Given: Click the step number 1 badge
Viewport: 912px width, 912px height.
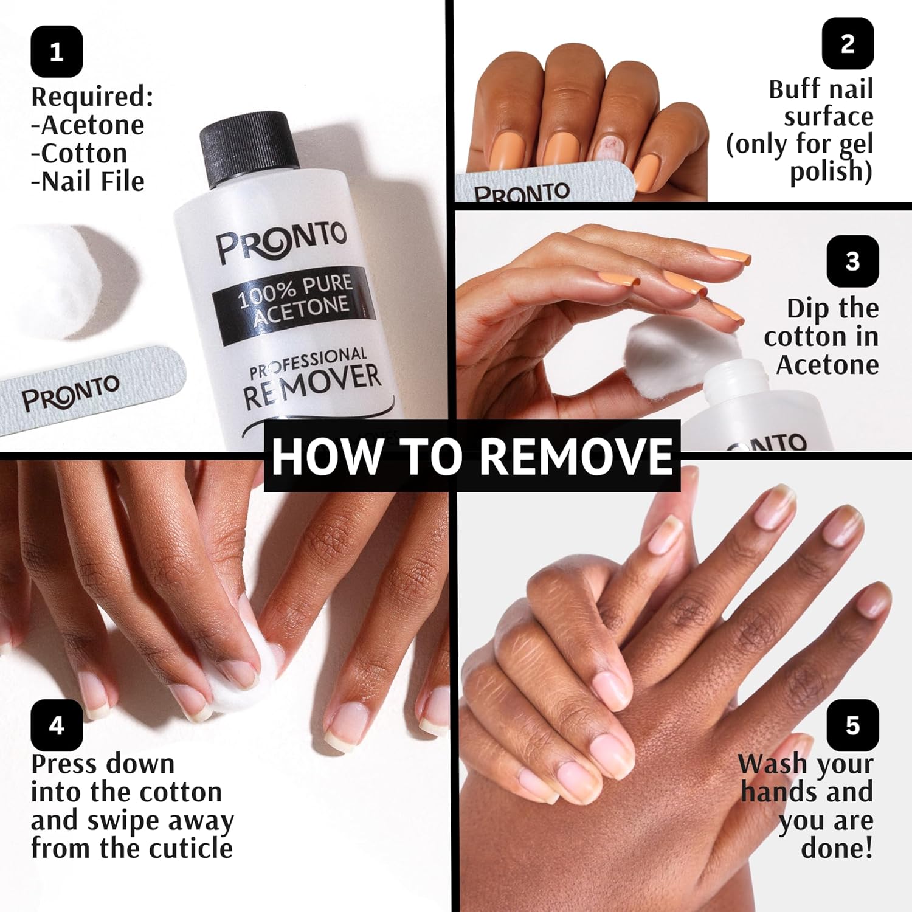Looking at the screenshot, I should (57, 52).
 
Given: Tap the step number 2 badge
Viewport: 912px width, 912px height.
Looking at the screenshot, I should (848, 44).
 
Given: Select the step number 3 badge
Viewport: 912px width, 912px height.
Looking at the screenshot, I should (852, 261).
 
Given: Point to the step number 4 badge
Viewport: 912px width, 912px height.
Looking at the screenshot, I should (57, 725).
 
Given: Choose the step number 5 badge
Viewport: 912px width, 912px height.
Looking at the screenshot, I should (852, 725).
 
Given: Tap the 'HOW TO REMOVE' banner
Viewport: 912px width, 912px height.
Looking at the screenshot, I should (472, 456).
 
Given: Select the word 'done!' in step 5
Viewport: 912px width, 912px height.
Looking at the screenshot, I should (837, 848).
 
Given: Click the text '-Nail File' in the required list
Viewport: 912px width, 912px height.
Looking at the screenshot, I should (88, 181).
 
